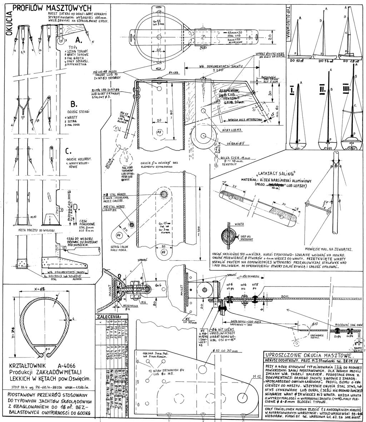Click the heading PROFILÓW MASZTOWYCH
[x=52, y=8]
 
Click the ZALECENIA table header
[x=109, y=316]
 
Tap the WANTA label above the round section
[x=239, y=224]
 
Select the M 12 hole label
[x=257, y=377]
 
